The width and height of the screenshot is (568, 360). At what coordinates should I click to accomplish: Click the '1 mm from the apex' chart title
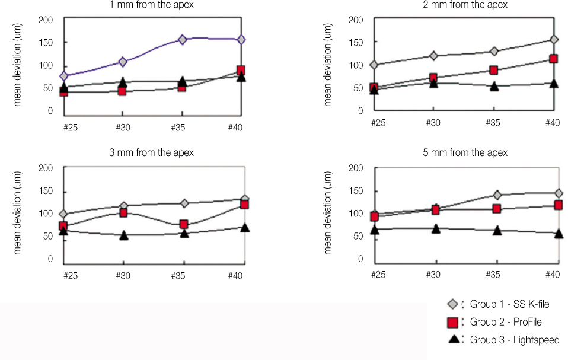point(151,5)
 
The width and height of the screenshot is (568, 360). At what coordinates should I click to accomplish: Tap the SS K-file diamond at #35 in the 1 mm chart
point(182,40)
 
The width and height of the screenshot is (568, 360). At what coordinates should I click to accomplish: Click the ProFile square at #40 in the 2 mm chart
point(553,59)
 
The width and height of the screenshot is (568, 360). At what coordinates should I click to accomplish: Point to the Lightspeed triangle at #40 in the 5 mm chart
point(558,234)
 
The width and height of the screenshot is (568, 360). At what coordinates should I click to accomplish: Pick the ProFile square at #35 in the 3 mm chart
point(184,224)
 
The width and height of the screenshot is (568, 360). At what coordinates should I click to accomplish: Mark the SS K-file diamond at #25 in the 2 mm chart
point(374,65)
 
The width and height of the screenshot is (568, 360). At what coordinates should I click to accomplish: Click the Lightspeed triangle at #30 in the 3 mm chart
point(123,235)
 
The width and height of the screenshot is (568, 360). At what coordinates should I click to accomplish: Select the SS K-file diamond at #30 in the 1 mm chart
point(123,62)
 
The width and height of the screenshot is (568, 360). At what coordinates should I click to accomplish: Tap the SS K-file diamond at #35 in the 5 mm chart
point(497,195)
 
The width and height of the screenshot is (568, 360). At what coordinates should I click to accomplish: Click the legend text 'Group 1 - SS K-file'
point(509,305)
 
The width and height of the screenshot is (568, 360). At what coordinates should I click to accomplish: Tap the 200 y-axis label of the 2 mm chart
point(356,20)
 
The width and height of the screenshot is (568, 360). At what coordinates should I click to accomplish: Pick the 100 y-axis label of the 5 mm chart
point(356,214)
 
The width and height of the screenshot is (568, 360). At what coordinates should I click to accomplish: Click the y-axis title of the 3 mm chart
point(18,214)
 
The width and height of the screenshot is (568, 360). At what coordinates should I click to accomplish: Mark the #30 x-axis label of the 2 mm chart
point(433,123)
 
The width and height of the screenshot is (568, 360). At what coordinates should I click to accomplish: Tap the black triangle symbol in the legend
point(453,340)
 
